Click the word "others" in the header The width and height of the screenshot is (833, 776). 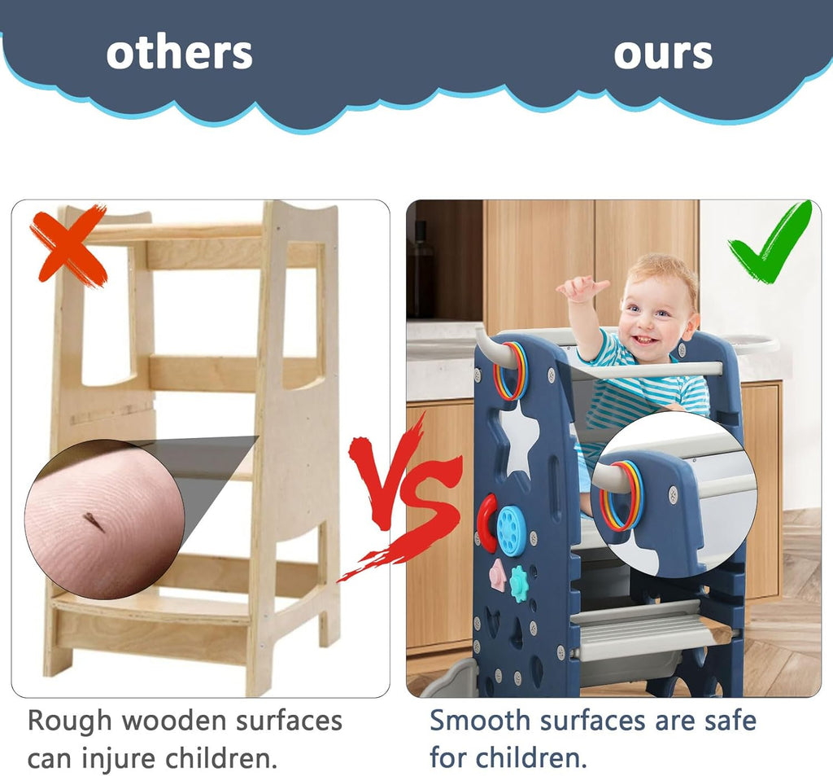(180, 53)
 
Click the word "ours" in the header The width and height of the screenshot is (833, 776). (663, 55)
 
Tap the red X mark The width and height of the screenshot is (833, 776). (69, 243)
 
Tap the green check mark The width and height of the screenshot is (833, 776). (770, 242)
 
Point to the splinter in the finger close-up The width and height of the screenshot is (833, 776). (93, 521)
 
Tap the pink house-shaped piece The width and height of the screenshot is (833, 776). (498, 575)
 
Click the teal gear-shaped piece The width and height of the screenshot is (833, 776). (519, 584)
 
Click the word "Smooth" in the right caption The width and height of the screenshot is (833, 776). (480, 721)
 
